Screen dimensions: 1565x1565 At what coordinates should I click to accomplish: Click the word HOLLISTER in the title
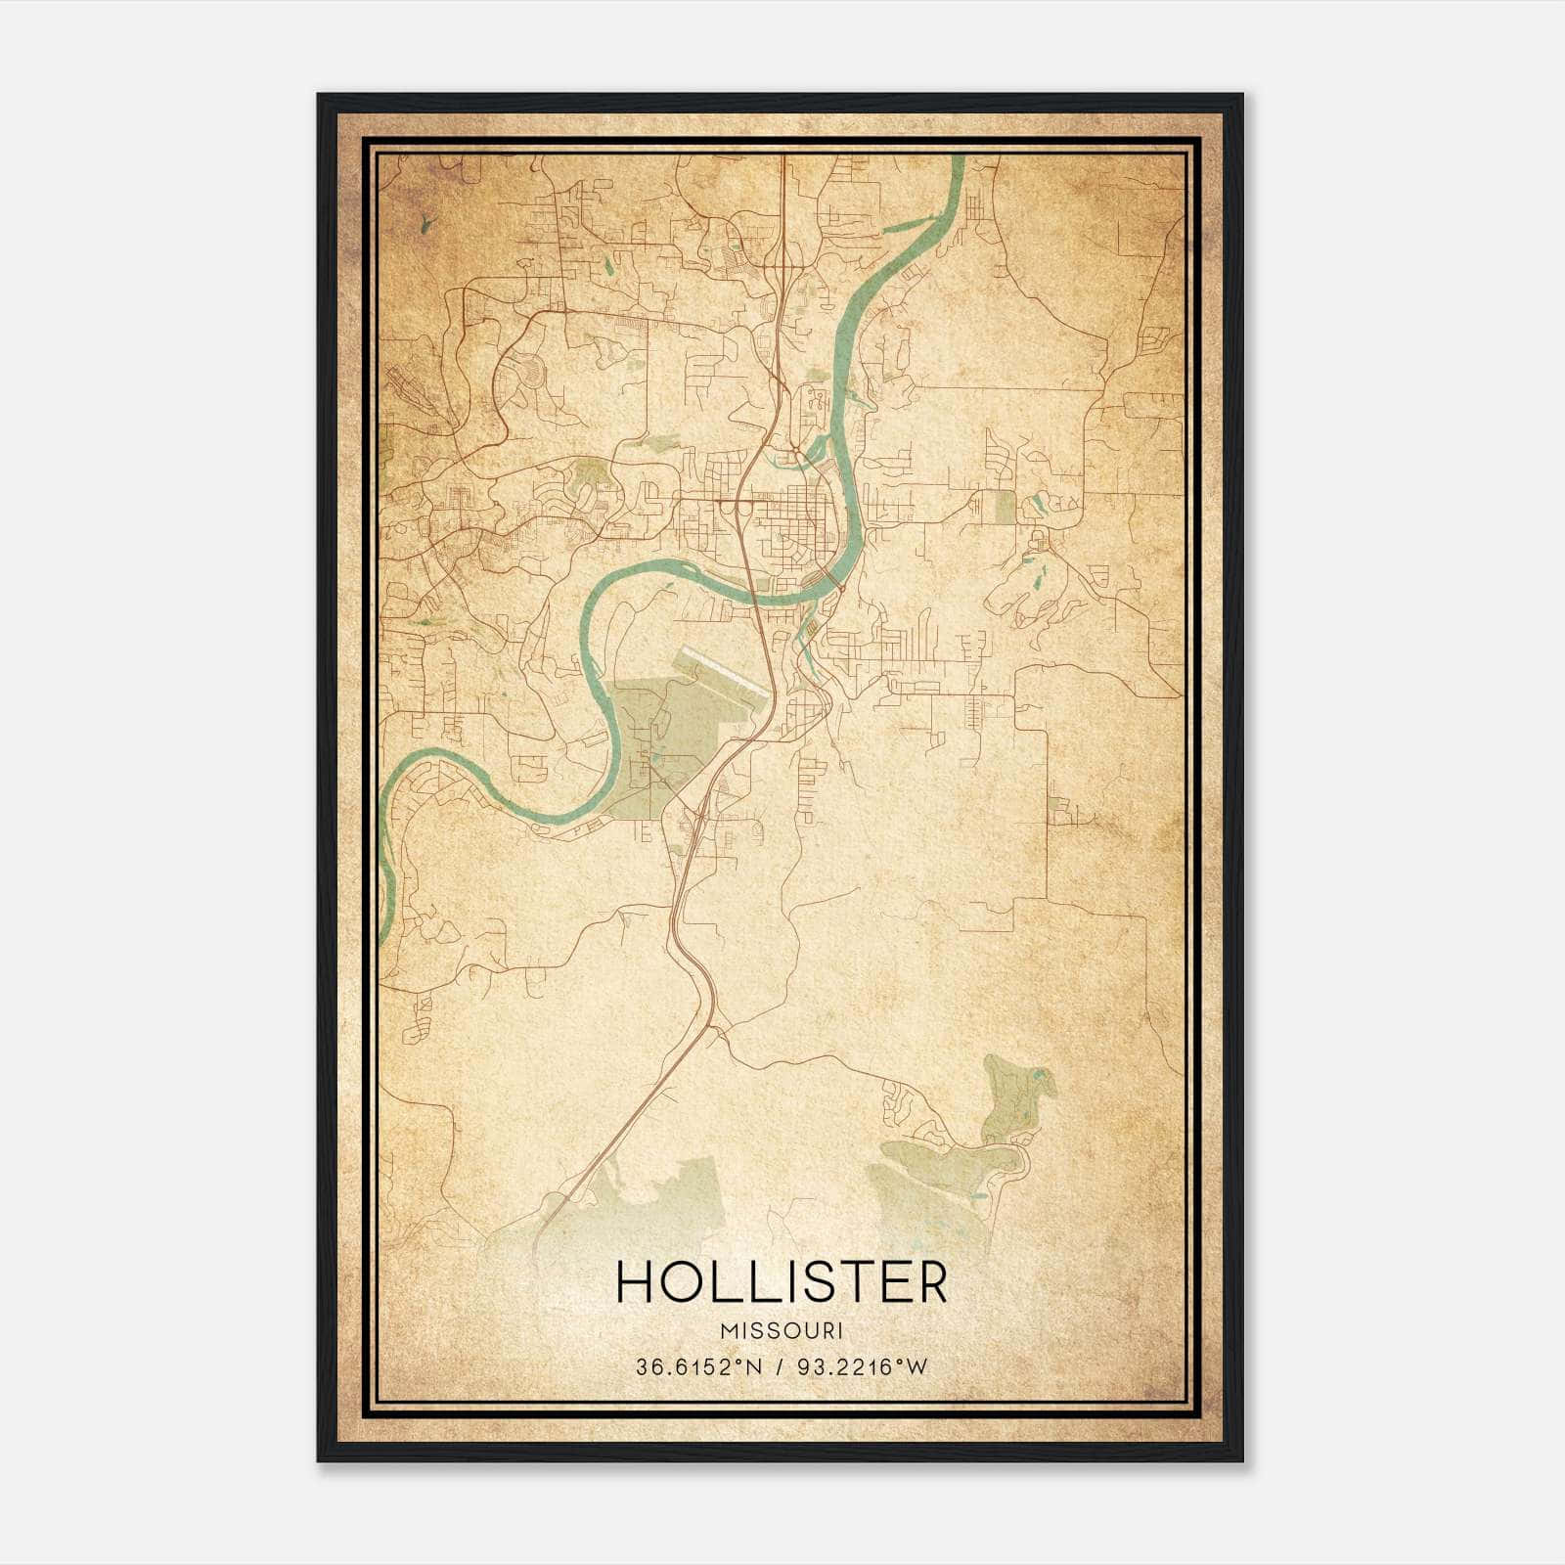click(782, 1282)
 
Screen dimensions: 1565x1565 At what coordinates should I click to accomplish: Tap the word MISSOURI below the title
click(782, 1331)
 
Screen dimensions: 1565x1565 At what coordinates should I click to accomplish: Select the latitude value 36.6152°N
click(696, 1367)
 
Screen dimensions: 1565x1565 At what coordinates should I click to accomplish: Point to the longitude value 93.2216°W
click(860, 1367)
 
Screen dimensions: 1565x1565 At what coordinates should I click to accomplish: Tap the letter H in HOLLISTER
click(637, 1282)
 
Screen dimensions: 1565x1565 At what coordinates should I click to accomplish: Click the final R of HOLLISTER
click(931, 1282)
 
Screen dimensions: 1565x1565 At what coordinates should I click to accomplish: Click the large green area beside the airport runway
click(665, 734)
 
